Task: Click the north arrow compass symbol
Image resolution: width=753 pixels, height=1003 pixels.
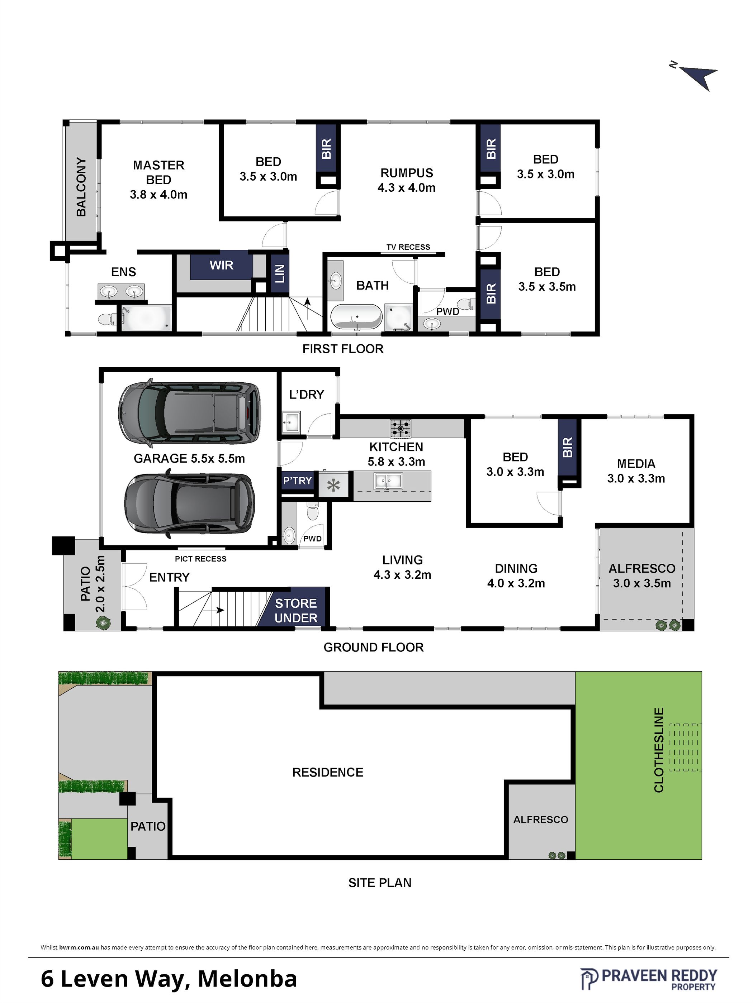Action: tap(696, 75)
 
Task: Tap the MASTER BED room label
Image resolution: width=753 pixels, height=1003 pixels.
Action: tap(158, 172)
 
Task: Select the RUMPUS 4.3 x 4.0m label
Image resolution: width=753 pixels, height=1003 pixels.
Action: tap(406, 180)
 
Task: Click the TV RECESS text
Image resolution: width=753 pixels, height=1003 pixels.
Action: tap(408, 247)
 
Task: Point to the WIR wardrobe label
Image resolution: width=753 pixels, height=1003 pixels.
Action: tap(221, 265)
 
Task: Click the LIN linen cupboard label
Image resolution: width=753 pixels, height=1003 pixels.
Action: tap(280, 273)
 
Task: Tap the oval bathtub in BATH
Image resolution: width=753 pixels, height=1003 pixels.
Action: tap(356, 316)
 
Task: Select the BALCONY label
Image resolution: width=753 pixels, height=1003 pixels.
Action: tap(81, 187)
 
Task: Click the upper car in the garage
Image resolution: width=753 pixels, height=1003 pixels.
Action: tap(190, 413)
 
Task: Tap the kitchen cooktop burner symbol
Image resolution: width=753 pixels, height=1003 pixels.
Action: tap(401, 428)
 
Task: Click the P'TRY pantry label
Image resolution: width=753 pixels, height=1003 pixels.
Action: tap(297, 481)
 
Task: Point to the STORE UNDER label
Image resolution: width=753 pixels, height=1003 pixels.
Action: tap(296, 610)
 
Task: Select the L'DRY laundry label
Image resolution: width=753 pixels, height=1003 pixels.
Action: tap(307, 395)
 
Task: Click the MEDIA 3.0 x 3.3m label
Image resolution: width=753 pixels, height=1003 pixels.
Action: tap(636, 471)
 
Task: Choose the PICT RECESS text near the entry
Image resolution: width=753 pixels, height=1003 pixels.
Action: tap(200, 559)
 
